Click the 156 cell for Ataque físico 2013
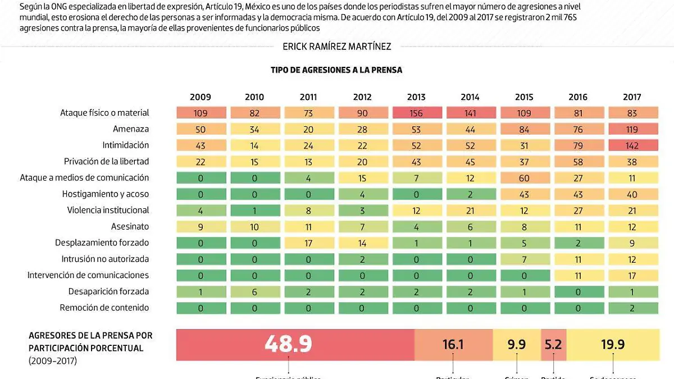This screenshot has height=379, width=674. pyautogui.click(x=416, y=113)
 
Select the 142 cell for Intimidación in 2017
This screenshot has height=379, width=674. pyautogui.click(x=632, y=145)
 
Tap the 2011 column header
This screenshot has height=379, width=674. pyautogui.click(x=308, y=97)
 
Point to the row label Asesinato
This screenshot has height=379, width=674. pyautogui.click(x=130, y=227)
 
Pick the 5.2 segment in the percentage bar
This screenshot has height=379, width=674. pyautogui.click(x=553, y=344)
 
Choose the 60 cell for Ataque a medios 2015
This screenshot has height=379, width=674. pyautogui.click(x=524, y=178)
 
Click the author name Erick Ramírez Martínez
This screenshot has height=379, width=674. pyautogui.click(x=337, y=47)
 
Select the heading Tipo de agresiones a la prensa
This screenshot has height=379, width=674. pyautogui.click(x=336, y=70)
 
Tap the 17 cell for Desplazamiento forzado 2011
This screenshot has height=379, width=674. pyautogui.click(x=308, y=243)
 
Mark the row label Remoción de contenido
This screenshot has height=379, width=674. pyautogui.click(x=104, y=308)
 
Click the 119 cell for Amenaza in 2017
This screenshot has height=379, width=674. pyautogui.click(x=632, y=129)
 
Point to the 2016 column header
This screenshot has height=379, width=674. pyautogui.click(x=578, y=97)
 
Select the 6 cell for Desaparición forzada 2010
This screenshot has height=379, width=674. pyautogui.click(x=254, y=292)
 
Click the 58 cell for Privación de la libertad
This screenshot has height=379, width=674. pyautogui.click(x=578, y=162)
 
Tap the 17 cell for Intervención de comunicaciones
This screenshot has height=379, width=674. pyautogui.click(x=632, y=276)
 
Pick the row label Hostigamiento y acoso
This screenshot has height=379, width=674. pyautogui.click(x=106, y=194)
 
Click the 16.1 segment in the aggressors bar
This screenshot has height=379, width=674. pyautogui.click(x=453, y=344)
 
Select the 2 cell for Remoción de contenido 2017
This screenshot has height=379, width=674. pyautogui.click(x=632, y=308)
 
